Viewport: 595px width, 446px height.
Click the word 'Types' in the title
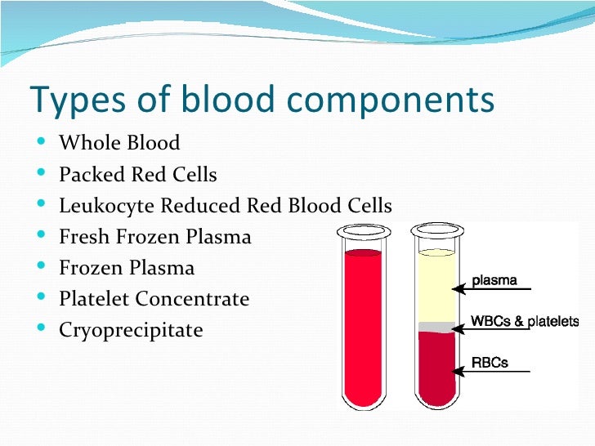[x=69, y=100]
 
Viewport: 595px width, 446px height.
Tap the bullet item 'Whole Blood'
[x=119, y=144]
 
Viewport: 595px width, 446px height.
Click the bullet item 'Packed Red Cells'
[x=138, y=175]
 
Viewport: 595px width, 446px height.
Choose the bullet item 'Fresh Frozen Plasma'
[x=155, y=237]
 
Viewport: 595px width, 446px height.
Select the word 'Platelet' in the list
[x=94, y=299]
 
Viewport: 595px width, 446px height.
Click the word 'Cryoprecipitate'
[x=131, y=331]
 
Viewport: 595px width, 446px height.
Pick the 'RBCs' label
[x=490, y=362]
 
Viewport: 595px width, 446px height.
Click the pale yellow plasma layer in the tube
[x=436, y=286]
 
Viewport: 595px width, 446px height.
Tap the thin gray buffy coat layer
[x=436, y=327]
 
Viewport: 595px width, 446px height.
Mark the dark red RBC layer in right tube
[x=436, y=368]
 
